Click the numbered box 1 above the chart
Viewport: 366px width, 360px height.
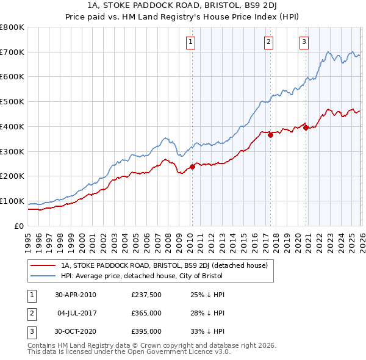point(191,42)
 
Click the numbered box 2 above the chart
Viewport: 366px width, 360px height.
point(268,42)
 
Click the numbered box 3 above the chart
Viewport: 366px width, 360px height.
point(304,42)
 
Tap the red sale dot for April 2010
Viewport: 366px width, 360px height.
point(192,167)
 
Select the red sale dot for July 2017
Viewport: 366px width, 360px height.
point(270,135)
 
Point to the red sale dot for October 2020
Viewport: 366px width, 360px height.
point(306,128)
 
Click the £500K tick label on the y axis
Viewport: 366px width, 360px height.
point(12,102)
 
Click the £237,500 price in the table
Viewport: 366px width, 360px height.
point(146,295)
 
